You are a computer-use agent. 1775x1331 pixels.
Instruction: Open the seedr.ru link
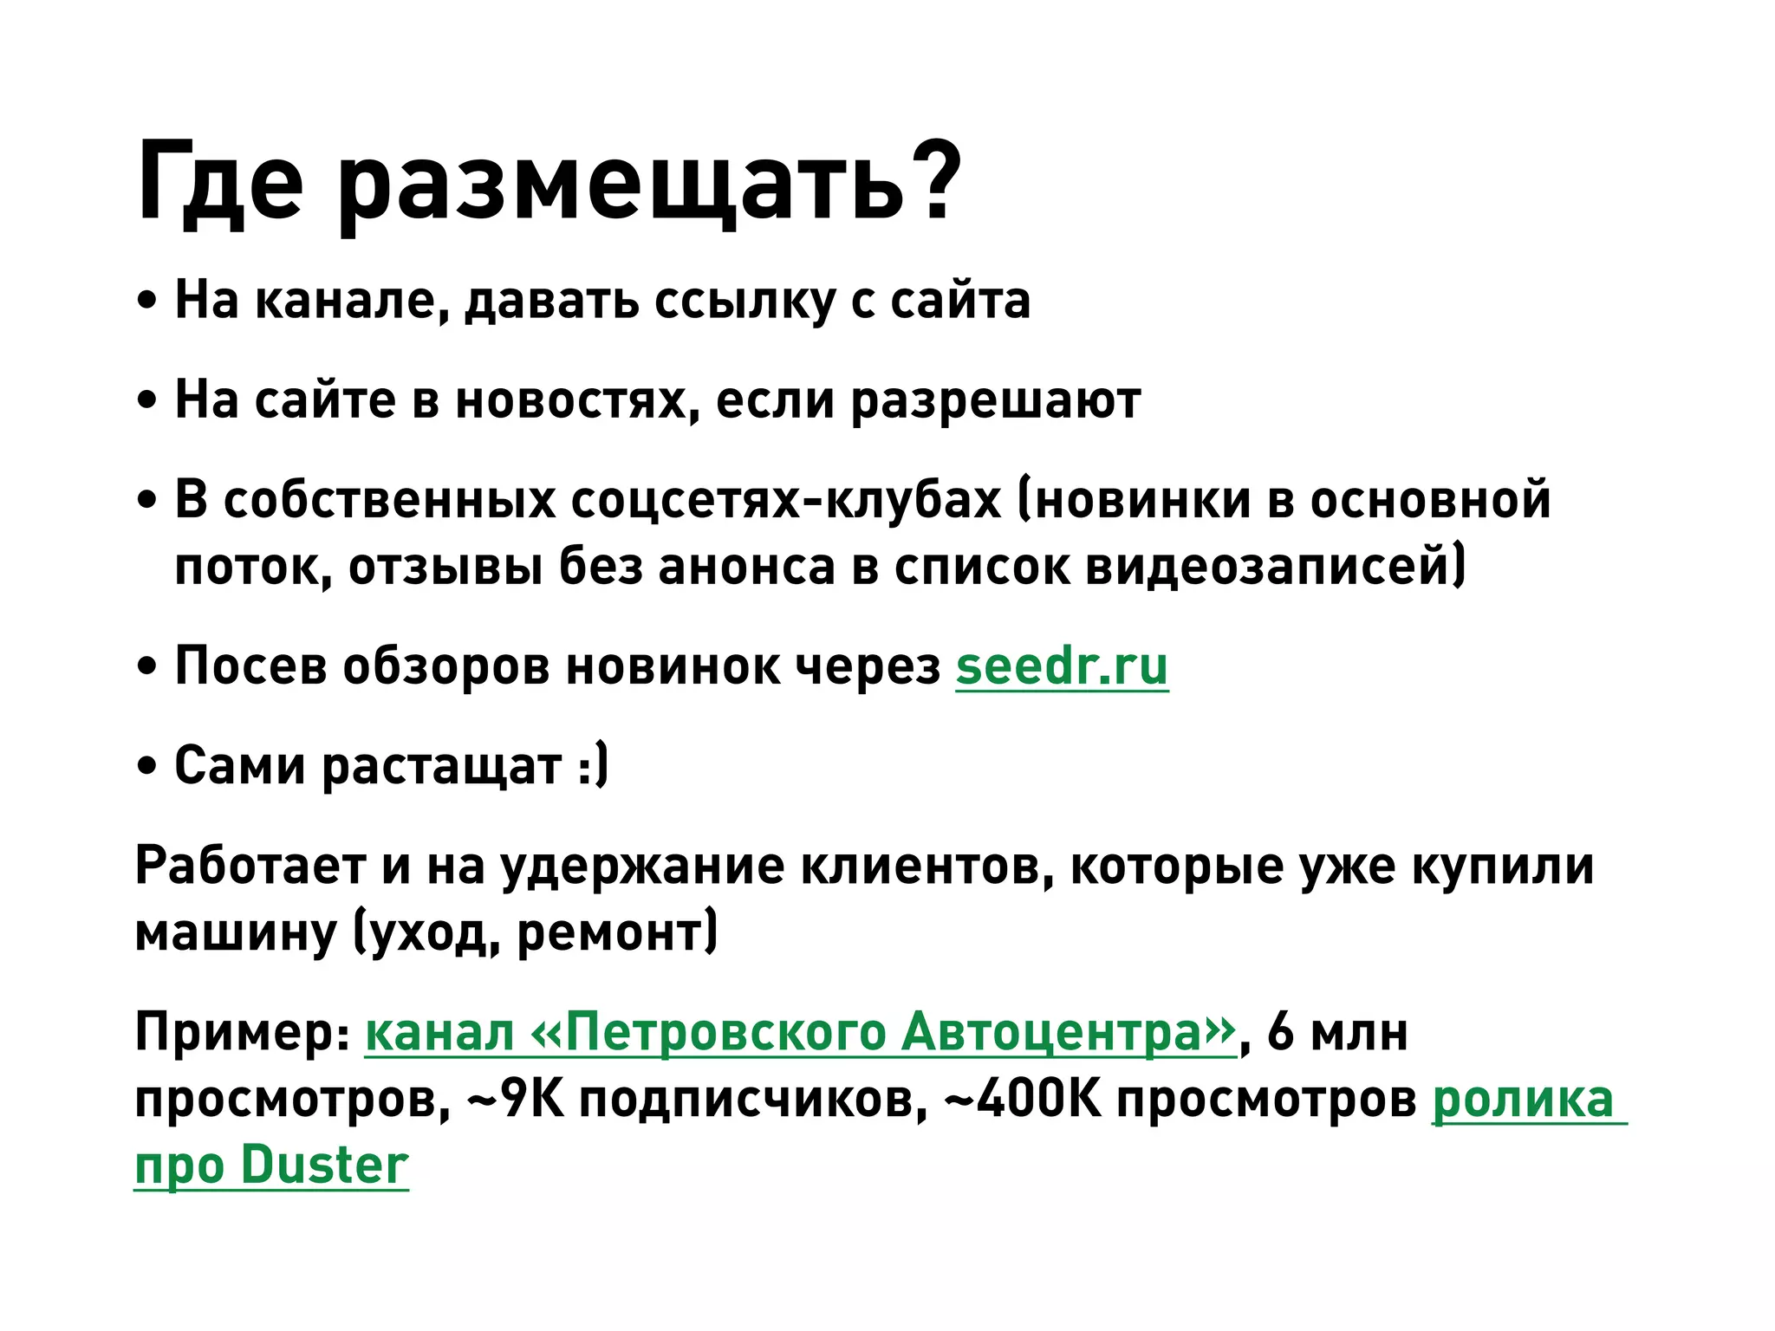[x=1062, y=666]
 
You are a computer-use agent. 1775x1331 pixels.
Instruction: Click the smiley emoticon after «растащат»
[x=593, y=766]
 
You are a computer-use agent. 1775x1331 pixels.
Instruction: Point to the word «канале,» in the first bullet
[x=352, y=301]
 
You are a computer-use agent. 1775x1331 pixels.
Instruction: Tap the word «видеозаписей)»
[x=1275, y=567]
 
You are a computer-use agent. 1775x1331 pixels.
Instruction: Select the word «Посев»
[x=251, y=666]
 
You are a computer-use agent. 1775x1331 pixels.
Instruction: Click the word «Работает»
[x=251, y=866]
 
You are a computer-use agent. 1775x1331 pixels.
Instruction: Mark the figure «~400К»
[x=1023, y=1099]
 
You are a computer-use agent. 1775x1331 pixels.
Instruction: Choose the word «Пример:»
[x=243, y=1032]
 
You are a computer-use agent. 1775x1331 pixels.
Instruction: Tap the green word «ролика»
[x=1523, y=1099]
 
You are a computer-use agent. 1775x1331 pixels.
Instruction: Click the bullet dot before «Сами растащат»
[x=147, y=767]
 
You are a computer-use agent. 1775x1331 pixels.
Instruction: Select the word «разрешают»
[x=996, y=400]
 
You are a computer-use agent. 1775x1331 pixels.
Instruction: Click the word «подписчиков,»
[x=754, y=1099]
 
